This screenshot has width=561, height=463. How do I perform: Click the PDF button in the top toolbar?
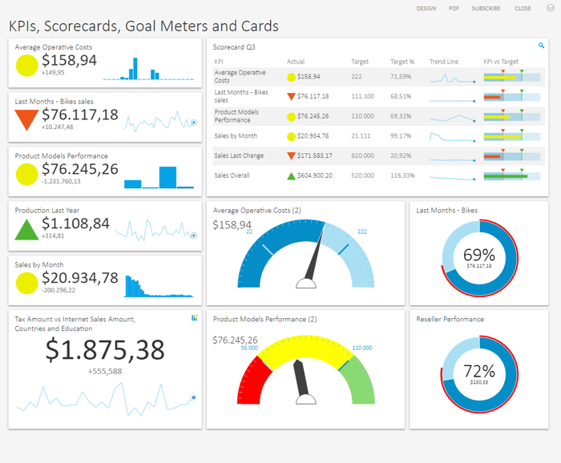pyautogui.click(x=454, y=8)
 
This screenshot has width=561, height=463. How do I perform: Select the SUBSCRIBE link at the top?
pyautogui.click(x=486, y=8)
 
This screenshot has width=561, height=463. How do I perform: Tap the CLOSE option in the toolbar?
pyautogui.click(x=523, y=8)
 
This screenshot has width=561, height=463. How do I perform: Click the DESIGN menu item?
pyautogui.click(x=426, y=8)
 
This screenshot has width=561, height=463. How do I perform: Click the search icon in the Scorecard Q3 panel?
pyautogui.click(x=542, y=46)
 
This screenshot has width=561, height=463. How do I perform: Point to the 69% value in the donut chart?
pyautogui.click(x=479, y=254)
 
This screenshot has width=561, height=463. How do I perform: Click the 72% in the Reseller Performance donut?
pyautogui.click(x=479, y=371)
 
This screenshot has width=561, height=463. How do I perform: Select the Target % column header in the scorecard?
pyautogui.click(x=402, y=62)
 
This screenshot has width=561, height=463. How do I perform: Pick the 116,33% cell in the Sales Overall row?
pyautogui.click(x=402, y=175)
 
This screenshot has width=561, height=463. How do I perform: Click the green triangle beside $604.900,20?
pyautogui.click(x=291, y=175)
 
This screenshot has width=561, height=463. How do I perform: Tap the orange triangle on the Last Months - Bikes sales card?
pyautogui.click(x=26, y=119)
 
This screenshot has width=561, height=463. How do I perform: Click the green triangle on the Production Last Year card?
pyautogui.click(x=26, y=228)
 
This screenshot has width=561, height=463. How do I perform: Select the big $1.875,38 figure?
pyautogui.click(x=105, y=350)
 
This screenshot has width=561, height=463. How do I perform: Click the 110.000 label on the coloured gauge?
pyautogui.click(x=361, y=348)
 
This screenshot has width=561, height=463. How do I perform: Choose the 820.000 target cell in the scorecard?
pyautogui.click(x=362, y=155)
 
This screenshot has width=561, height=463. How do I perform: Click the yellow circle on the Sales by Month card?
pyautogui.click(x=26, y=282)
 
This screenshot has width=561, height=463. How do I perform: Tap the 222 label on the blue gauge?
pyautogui.click(x=362, y=231)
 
